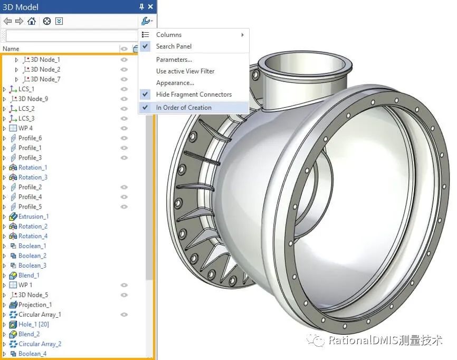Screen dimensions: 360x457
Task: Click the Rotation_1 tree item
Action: pyautogui.click(x=33, y=167)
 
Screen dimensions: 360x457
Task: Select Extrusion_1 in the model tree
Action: pyautogui.click(x=33, y=216)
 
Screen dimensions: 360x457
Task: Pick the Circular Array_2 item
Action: pyautogui.click(x=40, y=344)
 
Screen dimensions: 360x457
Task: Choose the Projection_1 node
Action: pyautogui.click(x=35, y=305)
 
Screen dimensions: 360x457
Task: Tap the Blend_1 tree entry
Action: pyautogui.click(x=29, y=275)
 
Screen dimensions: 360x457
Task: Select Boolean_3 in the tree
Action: pyautogui.click(x=32, y=266)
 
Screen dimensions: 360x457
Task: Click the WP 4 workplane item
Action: pyautogui.click(x=25, y=128)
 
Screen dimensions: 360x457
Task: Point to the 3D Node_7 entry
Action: pyautogui.click(x=45, y=79)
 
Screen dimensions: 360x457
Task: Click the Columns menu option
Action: pyautogui.click(x=169, y=35)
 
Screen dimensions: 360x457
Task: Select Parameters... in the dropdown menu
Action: pyautogui.click(x=174, y=60)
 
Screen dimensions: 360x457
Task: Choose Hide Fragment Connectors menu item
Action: pyautogui.click(x=194, y=94)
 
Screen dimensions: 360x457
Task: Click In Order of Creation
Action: pyautogui.click(x=184, y=108)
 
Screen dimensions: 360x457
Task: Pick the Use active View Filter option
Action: pyautogui.click(x=185, y=71)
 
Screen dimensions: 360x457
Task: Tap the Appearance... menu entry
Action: pyautogui.click(x=175, y=83)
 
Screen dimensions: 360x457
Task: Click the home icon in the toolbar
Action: pyautogui.click(x=32, y=21)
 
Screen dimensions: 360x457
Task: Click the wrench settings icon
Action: pyautogui.click(x=146, y=21)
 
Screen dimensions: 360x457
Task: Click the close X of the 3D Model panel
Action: pyautogui.click(x=150, y=7)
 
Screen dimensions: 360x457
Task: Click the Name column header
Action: pyautogui.click(x=11, y=49)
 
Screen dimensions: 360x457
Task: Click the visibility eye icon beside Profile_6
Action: pyautogui.click(x=124, y=138)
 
